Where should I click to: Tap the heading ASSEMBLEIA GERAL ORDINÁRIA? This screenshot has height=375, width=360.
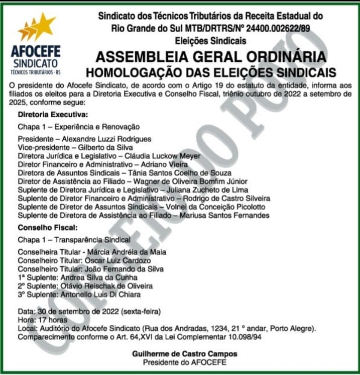pyautogui.click(x=211, y=56)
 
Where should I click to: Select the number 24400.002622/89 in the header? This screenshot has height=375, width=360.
pyautogui.click(x=279, y=29)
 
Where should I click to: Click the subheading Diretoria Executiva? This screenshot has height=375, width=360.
pyautogui.click(x=53, y=115)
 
